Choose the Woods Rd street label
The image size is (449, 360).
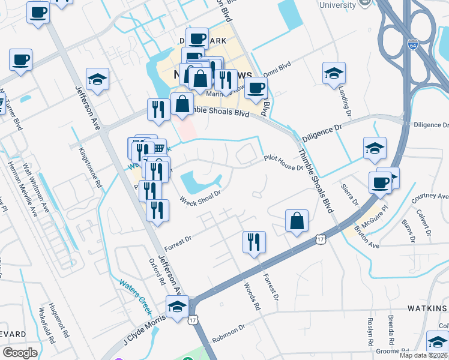point(252,296)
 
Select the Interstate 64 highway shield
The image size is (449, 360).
point(412,45)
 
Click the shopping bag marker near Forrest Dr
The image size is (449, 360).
point(297,221)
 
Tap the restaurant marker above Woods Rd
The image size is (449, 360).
point(254,242)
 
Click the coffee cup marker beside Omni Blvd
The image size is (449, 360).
point(256,87)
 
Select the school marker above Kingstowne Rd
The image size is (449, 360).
point(97,79)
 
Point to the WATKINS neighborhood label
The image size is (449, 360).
point(427,308)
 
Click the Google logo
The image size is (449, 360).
point(20,353)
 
